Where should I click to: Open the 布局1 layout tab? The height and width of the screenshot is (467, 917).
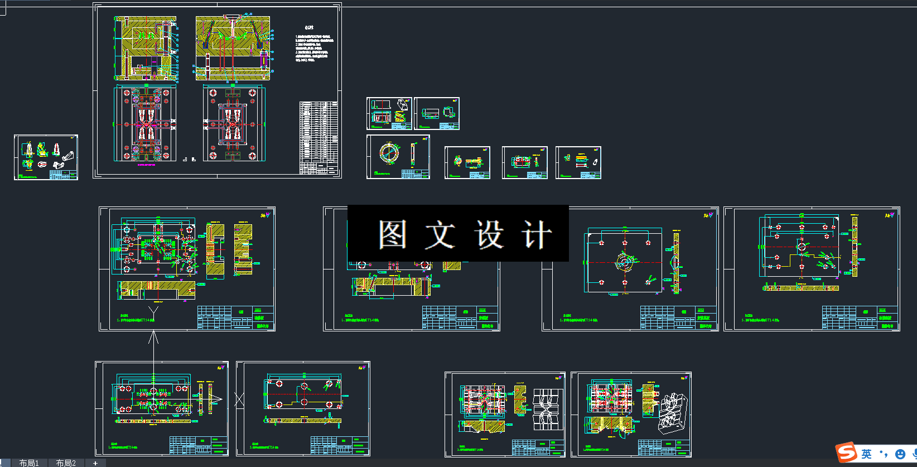click(29, 463)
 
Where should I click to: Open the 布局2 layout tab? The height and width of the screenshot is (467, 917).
click(66, 463)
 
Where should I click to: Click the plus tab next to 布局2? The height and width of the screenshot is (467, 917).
click(95, 463)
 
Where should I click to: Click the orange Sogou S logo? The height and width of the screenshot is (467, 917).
click(846, 453)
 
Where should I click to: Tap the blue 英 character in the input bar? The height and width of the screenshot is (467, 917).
click(866, 454)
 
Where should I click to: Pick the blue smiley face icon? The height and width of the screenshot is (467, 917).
click(900, 454)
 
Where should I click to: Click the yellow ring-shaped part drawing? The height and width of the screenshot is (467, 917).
click(389, 153)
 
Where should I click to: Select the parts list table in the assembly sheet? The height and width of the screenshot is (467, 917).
click(318, 137)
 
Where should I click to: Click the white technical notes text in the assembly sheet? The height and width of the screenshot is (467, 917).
click(314, 47)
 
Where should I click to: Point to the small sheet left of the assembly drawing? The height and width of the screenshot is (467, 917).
click(46, 157)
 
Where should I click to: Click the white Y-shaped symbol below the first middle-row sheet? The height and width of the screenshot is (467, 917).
click(153, 312)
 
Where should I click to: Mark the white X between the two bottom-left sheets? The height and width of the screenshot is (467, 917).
click(240, 399)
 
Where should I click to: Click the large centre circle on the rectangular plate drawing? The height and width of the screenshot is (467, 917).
click(625, 262)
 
